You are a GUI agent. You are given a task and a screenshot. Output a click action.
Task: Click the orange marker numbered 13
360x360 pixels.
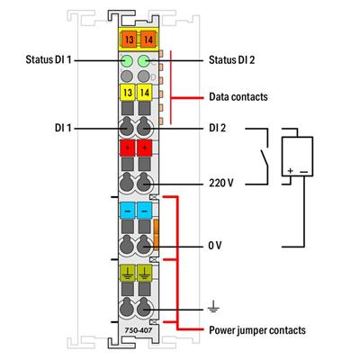coord(128,39)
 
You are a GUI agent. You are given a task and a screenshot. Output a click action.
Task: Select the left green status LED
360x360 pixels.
coord(128,61)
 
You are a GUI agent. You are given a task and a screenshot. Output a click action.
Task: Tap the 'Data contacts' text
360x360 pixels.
coord(238,94)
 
